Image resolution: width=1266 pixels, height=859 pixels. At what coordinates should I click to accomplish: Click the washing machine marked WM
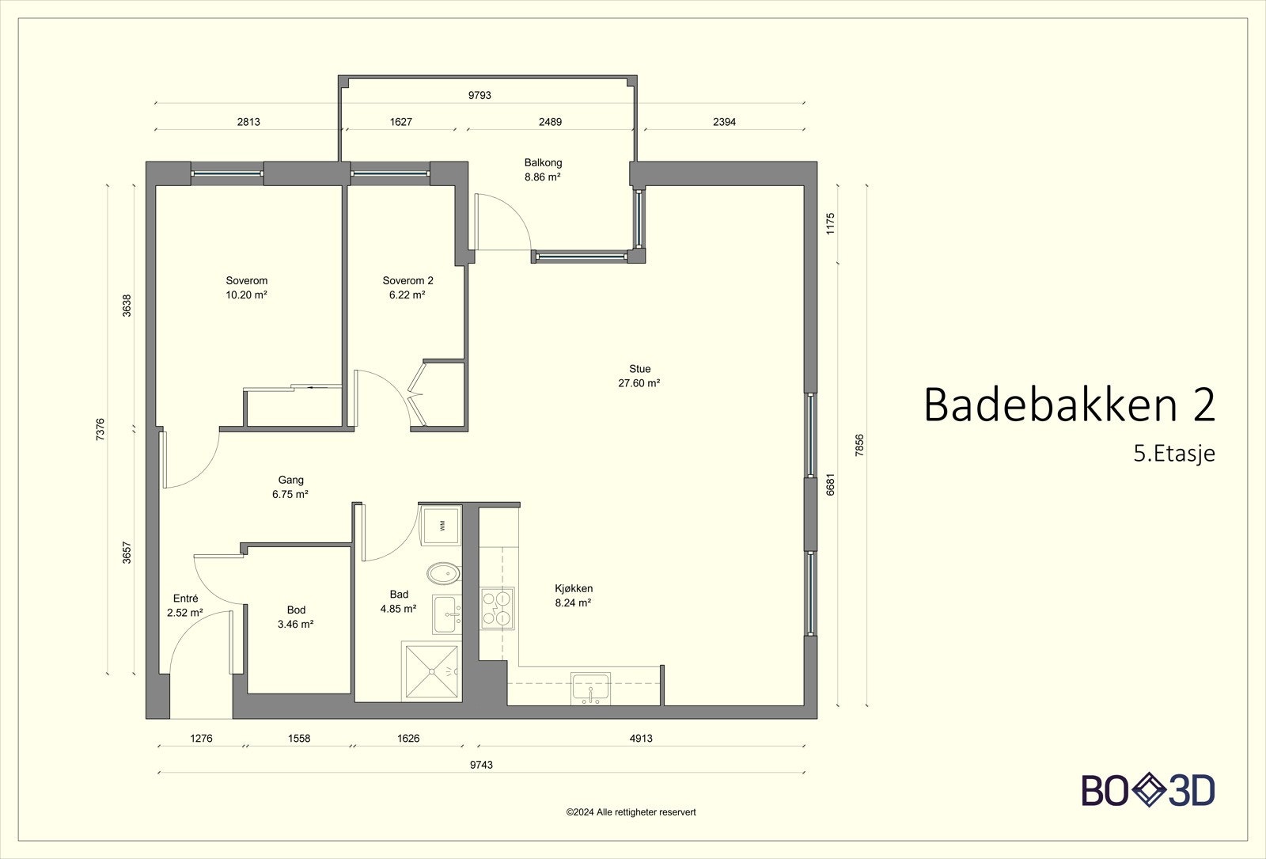[x=441, y=525]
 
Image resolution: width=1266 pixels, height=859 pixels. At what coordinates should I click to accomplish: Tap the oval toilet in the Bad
[x=443, y=573]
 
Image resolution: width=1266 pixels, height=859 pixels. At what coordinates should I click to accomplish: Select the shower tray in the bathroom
[x=431, y=672]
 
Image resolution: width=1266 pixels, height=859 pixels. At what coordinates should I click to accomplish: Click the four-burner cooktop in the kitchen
[x=498, y=609]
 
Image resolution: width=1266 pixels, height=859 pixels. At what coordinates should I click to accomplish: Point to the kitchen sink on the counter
[x=590, y=689]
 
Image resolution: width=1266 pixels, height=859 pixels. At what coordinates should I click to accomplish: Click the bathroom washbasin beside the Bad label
[x=447, y=614]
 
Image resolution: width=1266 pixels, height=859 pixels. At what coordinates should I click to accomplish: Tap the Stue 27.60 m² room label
[x=639, y=376]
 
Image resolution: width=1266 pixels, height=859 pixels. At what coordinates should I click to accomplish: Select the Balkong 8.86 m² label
[x=543, y=169]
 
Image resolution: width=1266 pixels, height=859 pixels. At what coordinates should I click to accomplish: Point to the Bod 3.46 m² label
[x=296, y=617]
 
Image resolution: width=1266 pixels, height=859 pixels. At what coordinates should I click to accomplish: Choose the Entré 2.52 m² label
[x=185, y=605]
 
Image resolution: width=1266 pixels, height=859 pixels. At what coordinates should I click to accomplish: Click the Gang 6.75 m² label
[x=290, y=487]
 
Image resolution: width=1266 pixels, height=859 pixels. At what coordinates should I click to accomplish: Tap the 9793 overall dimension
[x=479, y=95]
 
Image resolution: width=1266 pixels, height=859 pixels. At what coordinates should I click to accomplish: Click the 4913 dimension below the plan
[x=641, y=738]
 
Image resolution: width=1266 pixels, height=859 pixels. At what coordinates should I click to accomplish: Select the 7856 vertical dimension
[x=859, y=445]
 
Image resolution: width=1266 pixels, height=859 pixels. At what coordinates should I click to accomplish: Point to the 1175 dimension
[x=830, y=223]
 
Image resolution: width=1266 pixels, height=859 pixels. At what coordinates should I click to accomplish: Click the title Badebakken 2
[x=1069, y=405]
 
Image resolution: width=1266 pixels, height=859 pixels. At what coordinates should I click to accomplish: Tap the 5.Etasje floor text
[x=1174, y=454]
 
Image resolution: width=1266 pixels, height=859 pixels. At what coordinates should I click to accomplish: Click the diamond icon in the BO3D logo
[x=1149, y=790]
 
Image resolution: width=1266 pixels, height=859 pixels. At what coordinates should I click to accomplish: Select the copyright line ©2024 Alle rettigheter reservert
[x=631, y=812]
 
